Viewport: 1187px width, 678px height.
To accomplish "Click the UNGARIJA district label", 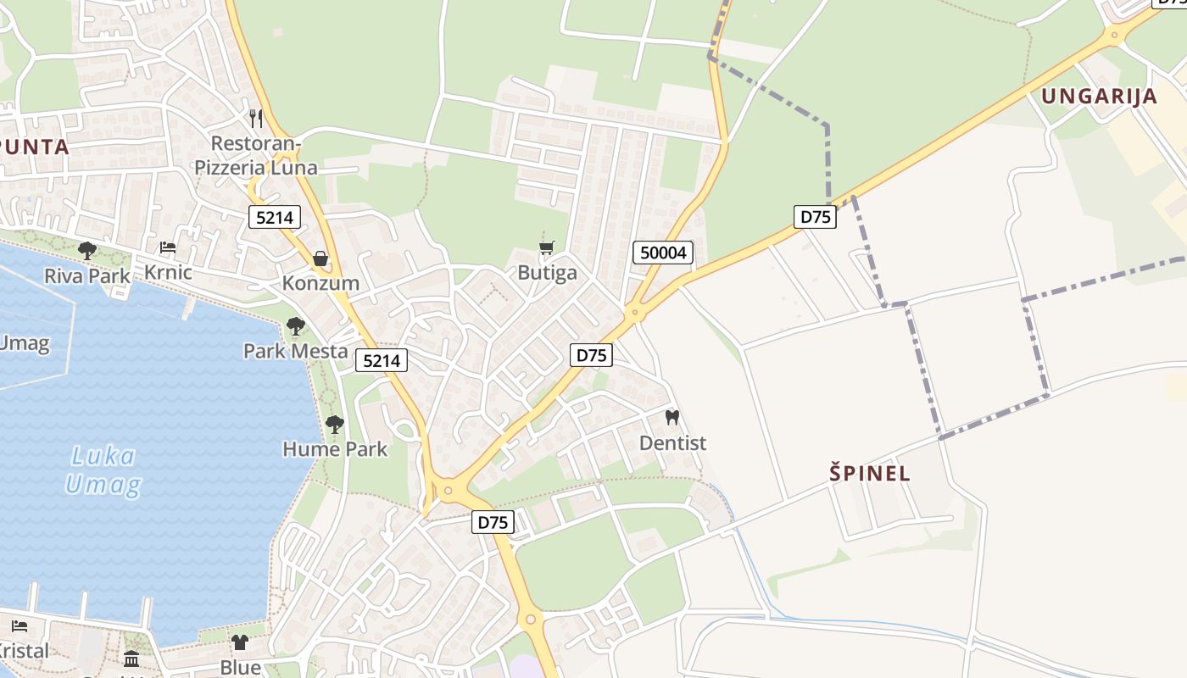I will [x=1099, y=96].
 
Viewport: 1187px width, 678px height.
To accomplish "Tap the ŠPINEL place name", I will [x=870, y=474].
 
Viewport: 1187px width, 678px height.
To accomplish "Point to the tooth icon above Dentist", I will [x=672, y=417].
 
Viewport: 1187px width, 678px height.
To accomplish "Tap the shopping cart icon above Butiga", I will [x=547, y=247].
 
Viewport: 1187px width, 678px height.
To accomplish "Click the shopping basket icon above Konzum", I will [x=320, y=258].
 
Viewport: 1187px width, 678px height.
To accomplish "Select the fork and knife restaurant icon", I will [x=256, y=118].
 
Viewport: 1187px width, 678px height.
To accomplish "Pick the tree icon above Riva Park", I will [x=86, y=250].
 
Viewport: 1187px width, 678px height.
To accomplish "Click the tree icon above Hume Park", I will [x=335, y=424].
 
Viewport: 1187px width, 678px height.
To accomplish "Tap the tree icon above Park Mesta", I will [x=295, y=325].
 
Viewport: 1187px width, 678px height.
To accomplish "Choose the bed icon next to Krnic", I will [x=168, y=247].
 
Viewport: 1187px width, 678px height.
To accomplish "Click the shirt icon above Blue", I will [x=240, y=642].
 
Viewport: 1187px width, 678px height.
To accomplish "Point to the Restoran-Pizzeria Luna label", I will [x=256, y=155].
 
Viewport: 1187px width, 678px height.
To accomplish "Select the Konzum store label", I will [x=320, y=283].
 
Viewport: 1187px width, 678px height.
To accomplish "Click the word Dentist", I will [x=672, y=442].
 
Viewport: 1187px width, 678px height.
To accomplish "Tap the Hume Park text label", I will [x=335, y=449].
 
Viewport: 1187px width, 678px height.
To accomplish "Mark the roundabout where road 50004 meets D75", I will [x=634, y=314].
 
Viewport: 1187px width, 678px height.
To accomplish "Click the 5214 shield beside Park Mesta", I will [x=382, y=360].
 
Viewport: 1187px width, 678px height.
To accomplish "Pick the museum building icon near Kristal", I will [x=131, y=659].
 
